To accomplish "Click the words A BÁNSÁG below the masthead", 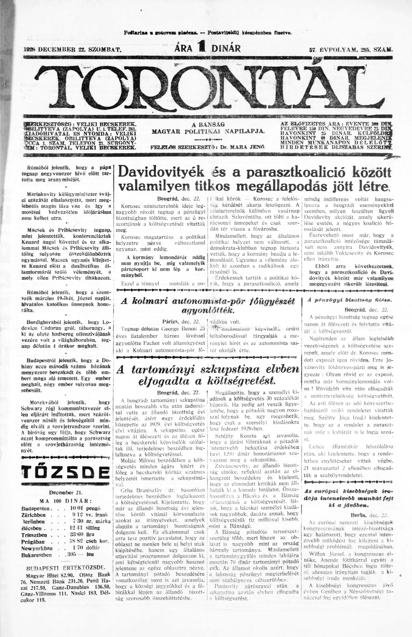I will tap(208, 124).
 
